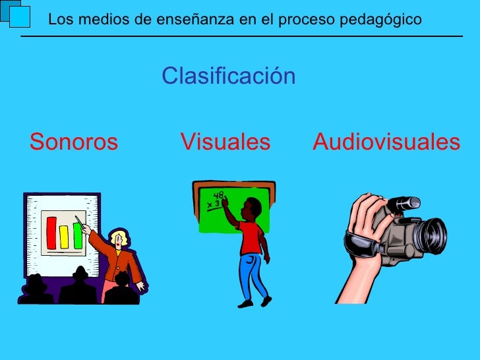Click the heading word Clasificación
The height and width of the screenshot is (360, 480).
229,76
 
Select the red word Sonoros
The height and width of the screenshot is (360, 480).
74,142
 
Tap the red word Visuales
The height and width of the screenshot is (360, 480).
225,142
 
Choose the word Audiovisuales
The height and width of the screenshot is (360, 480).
386,142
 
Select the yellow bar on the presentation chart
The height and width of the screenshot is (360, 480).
65,237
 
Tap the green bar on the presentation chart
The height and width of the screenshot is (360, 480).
77,235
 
